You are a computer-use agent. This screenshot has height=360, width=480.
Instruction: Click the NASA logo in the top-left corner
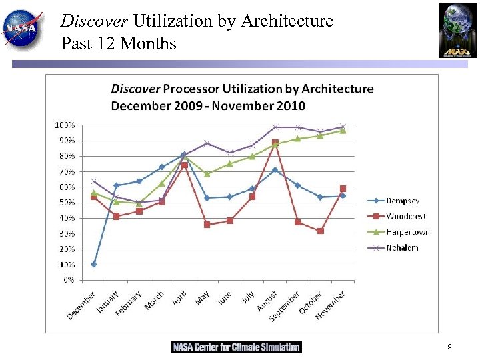[23, 28]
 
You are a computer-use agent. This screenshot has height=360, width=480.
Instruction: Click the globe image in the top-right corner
[457, 30]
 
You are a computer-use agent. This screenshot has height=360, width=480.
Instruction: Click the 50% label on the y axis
[65, 203]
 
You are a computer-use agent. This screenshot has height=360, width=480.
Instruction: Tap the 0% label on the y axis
[68, 280]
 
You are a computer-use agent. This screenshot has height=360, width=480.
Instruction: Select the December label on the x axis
[82, 305]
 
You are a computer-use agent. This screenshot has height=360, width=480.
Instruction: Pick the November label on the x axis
[331, 305]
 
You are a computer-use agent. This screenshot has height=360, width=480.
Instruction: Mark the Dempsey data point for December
[94, 264]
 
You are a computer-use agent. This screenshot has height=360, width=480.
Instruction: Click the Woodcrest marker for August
[275, 143]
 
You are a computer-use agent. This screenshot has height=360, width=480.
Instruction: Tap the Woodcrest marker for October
[321, 231]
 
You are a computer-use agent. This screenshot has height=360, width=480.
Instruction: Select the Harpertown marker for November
[343, 131]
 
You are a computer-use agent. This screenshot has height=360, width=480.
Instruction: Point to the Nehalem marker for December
[94, 181]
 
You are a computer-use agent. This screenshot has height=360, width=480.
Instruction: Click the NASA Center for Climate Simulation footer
[236, 347]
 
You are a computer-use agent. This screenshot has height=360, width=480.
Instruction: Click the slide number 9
[449, 347]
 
